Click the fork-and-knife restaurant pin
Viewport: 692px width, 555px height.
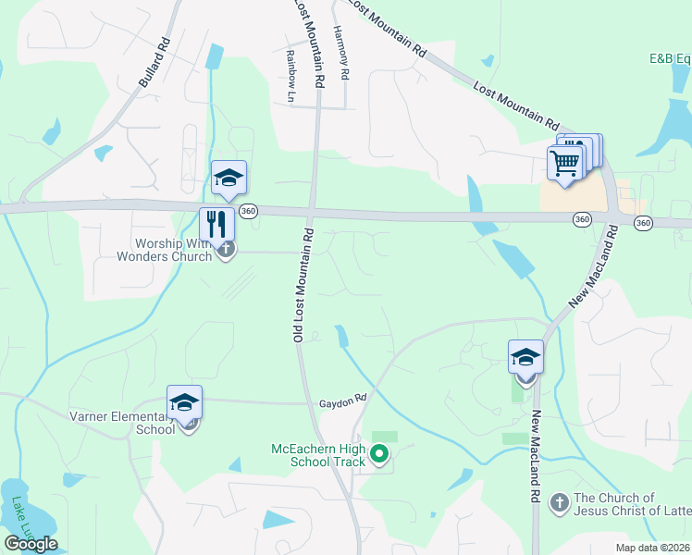pos(216,225)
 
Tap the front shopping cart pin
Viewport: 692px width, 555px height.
pos(564,163)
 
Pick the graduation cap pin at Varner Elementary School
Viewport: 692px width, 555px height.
pos(185,403)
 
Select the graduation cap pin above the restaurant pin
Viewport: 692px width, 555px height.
pos(229,179)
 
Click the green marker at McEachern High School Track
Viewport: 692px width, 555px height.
pos(378,454)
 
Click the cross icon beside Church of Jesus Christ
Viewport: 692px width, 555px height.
pos(559,503)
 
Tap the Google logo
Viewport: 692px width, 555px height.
pos(31,544)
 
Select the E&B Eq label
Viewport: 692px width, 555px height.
pos(670,58)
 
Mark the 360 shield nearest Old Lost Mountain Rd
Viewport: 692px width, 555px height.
pos(247,212)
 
